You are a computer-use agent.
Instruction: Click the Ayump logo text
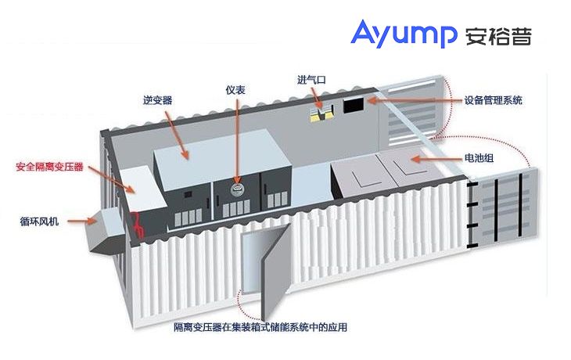tap(404, 34)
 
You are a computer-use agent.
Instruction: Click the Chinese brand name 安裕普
tap(498, 35)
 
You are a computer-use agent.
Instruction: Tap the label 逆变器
tap(158, 100)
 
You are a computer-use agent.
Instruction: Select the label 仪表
tap(235, 90)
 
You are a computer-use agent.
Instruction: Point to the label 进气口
tap(311, 80)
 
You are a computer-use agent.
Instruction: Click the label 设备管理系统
tap(493, 100)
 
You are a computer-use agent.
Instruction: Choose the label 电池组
tap(479, 158)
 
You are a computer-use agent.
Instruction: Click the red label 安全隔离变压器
tap(49, 167)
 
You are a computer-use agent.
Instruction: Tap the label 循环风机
tap(39, 221)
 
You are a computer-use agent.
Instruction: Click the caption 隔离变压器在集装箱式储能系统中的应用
tap(260, 327)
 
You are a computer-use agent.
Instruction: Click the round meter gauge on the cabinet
tap(237, 189)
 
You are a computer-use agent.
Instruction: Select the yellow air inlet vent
tap(321, 113)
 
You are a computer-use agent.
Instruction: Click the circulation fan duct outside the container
tap(106, 232)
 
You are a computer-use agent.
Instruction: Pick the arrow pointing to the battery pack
tap(436, 159)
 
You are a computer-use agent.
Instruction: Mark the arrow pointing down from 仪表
tap(238, 141)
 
